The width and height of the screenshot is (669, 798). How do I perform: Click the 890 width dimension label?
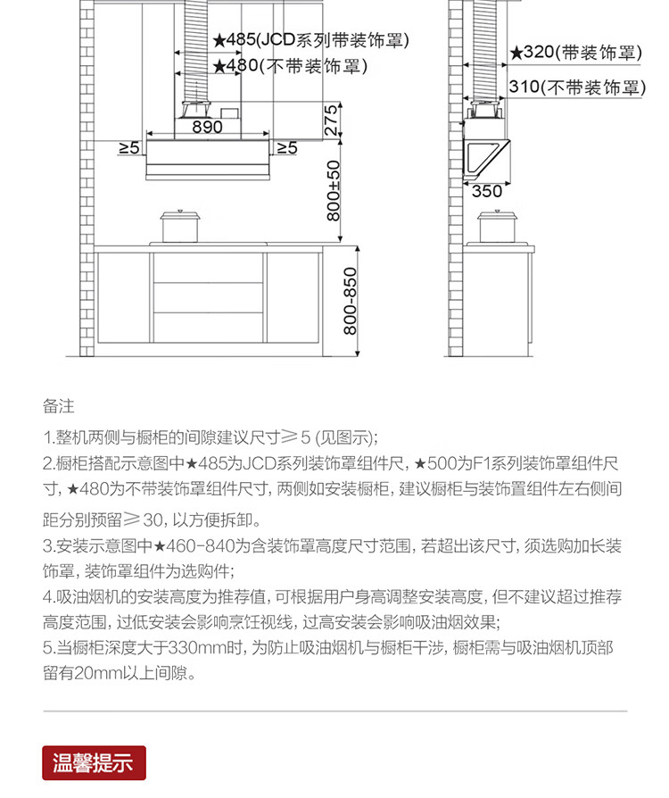207,128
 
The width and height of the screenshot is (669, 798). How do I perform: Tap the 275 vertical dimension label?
331,121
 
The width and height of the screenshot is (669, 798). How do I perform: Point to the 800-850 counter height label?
350,301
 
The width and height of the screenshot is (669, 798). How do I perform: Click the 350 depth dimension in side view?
486,191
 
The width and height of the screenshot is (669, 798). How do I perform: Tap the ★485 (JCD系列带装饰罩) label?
310,40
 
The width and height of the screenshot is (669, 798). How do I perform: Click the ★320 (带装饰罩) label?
575,53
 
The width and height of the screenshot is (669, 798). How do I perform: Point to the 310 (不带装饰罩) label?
575,87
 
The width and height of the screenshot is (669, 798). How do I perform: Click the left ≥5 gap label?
129,148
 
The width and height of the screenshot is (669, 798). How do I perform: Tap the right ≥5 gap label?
285,148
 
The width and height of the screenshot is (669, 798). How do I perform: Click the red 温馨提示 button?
94,763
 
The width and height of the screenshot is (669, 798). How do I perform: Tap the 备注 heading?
58,407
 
